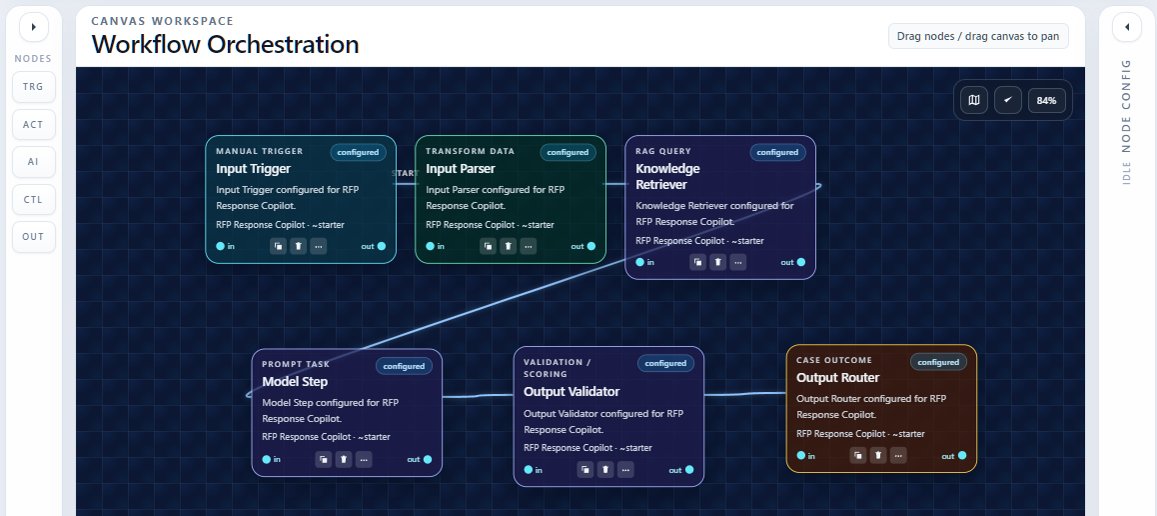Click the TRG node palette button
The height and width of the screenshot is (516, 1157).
pyautogui.click(x=34, y=87)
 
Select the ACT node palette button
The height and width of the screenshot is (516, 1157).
pyautogui.click(x=34, y=125)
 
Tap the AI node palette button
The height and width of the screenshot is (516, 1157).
pyautogui.click(x=34, y=162)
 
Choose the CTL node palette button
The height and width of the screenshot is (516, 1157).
pyautogui.click(x=34, y=200)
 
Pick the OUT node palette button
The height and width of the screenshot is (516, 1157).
pyautogui.click(x=34, y=237)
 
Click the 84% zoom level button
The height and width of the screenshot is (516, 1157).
pyautogui.click(x=1046, y=100)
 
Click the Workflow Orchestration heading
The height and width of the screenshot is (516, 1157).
pyautogui.click(x=225, y=45)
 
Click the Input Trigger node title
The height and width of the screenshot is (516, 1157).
pyautogui.click(x=254, y=169)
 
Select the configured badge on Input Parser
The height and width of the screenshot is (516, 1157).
pyautogui.click(x=568, y=152)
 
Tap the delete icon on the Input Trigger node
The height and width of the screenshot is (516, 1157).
pyautogui.click(x=298, y=246)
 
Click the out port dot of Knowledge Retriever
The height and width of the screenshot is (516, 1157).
pyautogui.click(x=801, y=262)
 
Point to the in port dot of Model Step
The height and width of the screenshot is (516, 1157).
pyautogui.click(x=267, y=459)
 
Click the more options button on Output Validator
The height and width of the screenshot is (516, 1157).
pyautogui.click(x=625, y=470)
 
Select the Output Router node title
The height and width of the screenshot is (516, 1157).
pyautogui.click(x=838, y=378)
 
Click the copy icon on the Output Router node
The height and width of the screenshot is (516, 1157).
pyautogui.click(x=857, y=455)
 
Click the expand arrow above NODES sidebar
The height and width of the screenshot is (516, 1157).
pyautogui.click(x=34, y=27)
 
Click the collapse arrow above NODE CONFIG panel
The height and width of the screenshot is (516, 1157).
pyautogui.click(x=1126, y=27)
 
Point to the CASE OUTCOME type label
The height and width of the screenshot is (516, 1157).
pyautogui.click(x=834, y=360)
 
